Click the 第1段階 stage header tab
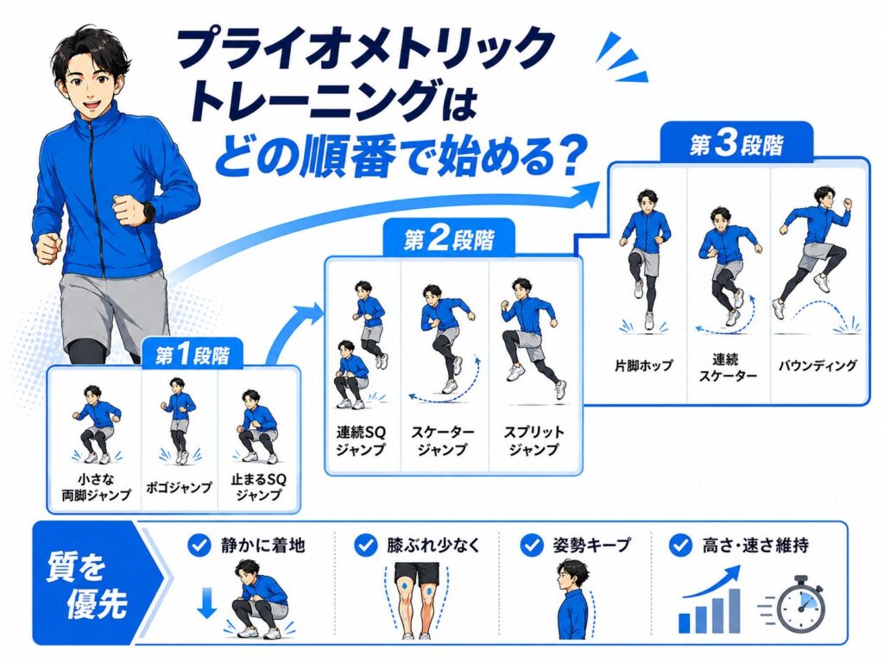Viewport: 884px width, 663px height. click(193, 354)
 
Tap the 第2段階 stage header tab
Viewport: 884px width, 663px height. click(449, 239)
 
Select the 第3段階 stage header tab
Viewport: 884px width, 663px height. click(736, 143)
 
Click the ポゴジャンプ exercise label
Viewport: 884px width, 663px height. click(179, 488)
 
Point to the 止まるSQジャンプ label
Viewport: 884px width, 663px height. click(259, 487)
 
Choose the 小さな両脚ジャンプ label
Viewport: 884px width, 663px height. click(96, 487)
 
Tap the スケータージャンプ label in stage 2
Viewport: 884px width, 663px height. click(443, 441)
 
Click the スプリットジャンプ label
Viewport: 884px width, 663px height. click(534, 441)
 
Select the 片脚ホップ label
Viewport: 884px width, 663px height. click(643, 365)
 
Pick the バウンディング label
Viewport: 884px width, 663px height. click(818, 365)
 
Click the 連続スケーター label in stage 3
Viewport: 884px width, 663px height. click(728, 368)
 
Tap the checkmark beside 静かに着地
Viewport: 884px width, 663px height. click(199, 546)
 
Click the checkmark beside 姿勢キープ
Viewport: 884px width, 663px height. click(531, 546)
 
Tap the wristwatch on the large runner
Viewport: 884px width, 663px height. click(149, 212)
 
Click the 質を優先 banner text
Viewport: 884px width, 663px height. click(86, 584)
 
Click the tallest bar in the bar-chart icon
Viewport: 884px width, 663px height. click(734, 610)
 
